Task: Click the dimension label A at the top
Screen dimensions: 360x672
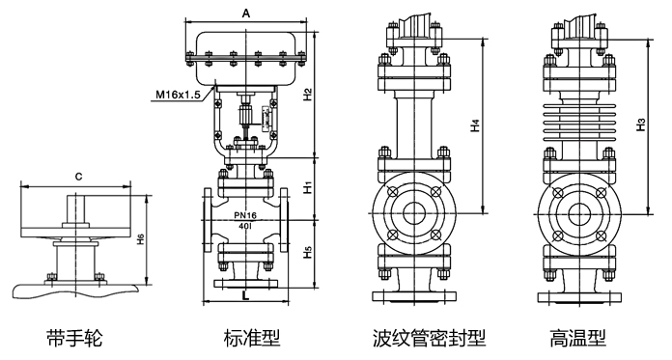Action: pyautogui.click(x=246, y=14)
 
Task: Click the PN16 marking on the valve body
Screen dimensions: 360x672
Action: pyautogui.click(x=244, y=215)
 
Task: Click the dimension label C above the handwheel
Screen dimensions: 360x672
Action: pyautogui.click(x=77, y=177)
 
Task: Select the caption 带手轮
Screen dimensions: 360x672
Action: pyautogui.click(x=73, y=338)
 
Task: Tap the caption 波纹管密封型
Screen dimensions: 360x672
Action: pyautogui.click(x=429, y=338)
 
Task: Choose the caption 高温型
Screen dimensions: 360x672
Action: pyautogui.click(x=577, y=338)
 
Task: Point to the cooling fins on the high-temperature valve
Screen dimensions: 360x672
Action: pyautogui.click(x=577, y=122)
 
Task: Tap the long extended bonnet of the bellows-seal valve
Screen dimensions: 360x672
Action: pyautogui.click(x=413, y=121)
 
